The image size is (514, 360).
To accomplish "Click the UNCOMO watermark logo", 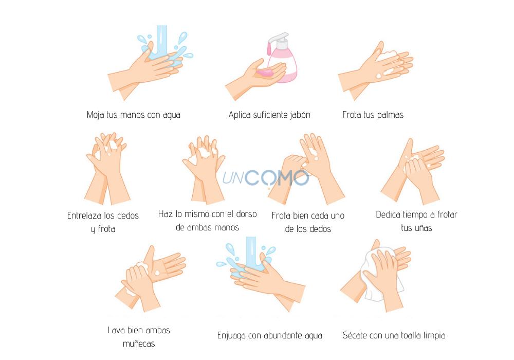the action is [266, 178].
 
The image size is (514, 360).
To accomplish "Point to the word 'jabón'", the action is [300, 115].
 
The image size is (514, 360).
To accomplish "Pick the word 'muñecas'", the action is [139, 344].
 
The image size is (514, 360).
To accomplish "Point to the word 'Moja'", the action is [96, 115].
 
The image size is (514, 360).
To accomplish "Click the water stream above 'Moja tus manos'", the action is [161, 41].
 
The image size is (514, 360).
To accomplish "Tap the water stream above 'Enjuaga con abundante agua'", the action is [251, 253].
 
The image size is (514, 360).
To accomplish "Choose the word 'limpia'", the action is [434, 336].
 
